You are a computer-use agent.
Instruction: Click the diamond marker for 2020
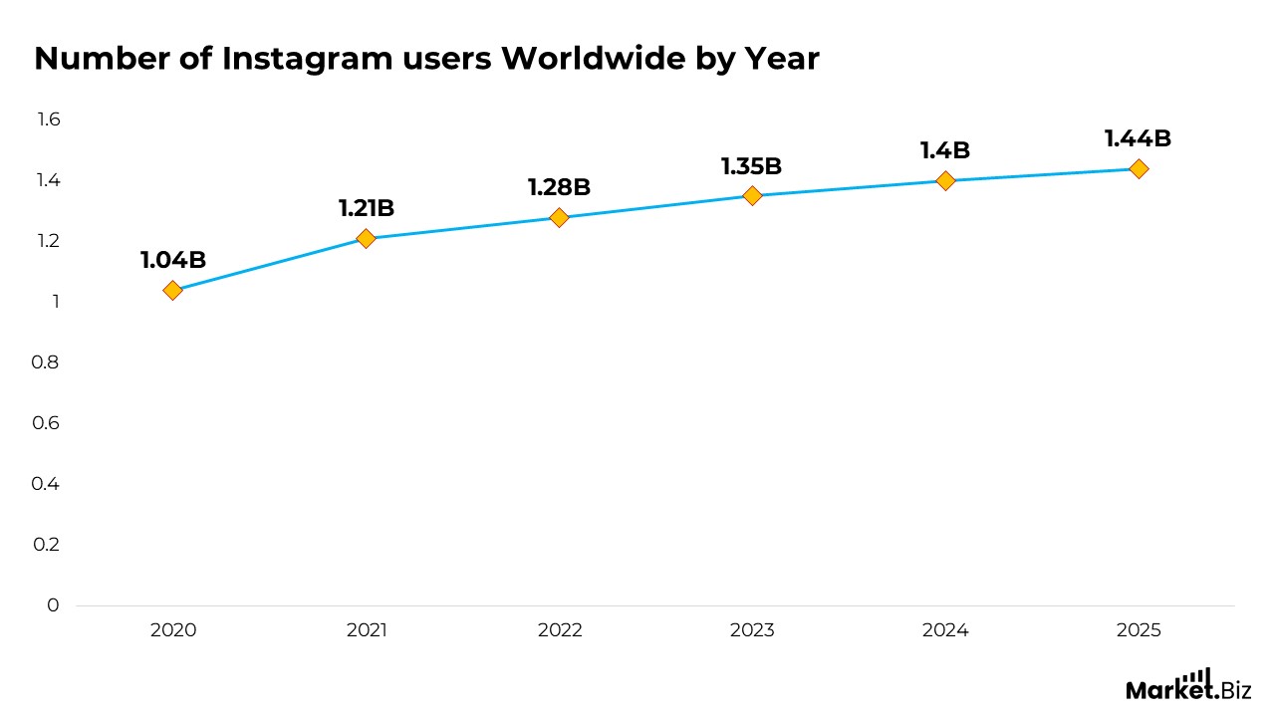172,290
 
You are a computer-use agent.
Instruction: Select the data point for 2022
559,217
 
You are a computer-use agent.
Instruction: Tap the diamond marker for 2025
1139,168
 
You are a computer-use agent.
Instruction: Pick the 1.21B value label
367,209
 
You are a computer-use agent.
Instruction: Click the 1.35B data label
752,166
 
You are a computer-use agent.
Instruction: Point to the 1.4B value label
945,151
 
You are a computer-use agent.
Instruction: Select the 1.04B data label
173,261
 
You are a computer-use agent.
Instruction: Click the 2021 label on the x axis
367,630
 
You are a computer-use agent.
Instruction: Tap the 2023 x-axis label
752,630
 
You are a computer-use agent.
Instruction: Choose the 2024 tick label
945,630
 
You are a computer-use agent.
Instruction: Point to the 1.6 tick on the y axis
49,119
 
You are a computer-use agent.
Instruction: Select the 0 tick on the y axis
54,605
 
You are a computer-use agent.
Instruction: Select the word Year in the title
782,60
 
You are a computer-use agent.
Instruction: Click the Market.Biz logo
1187,686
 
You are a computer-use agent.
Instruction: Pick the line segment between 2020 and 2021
269,264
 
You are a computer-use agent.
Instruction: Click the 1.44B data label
1138,139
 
